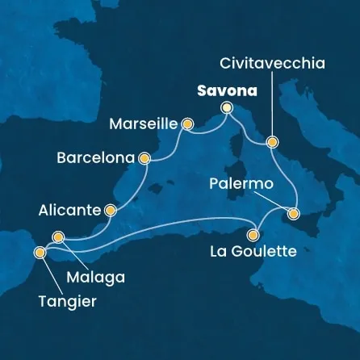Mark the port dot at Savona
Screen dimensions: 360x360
227,107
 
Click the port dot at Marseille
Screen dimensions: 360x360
188,124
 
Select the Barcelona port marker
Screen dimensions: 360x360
145,159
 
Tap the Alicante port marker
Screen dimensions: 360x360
110,211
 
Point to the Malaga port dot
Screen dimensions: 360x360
57,237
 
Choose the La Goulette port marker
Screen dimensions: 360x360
253,236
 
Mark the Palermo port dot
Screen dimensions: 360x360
293,213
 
